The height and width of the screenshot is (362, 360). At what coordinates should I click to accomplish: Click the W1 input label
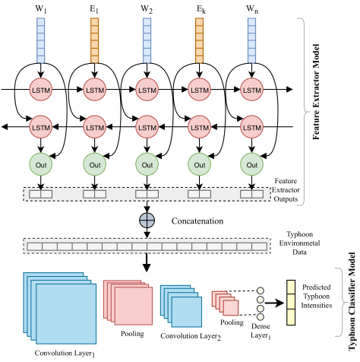click(41, 9)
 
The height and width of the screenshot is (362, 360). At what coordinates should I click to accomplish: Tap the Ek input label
click(201, 9)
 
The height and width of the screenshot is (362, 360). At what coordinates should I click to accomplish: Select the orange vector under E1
click(94, 40)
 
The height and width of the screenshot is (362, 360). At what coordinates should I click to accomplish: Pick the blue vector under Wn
click(251, 40)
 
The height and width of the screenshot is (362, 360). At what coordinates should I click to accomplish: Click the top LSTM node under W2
click(147, 90)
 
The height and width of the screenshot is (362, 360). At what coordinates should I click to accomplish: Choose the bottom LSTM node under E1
click(95, 127)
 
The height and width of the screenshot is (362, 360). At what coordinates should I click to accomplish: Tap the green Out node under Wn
click(251, 164)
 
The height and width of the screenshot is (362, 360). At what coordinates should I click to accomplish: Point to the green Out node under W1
click(41, 164)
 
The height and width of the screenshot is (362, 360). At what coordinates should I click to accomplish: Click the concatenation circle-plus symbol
click(147, 220)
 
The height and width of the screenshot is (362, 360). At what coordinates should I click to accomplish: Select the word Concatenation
click(197, 221)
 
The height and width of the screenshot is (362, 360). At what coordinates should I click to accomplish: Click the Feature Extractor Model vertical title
click(316, 92)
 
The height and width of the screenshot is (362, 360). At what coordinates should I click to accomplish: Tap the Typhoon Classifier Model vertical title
click(352, 301)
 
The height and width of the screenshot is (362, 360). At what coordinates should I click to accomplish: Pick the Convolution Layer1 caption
click(65, 354)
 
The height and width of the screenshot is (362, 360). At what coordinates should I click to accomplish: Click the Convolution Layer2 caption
click(191, 336)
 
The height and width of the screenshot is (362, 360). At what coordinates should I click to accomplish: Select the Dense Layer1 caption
click(261, 331)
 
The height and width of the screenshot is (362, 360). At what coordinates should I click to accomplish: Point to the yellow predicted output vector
click(291, 303)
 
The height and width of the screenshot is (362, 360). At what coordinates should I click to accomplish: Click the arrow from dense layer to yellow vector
click(274, 303)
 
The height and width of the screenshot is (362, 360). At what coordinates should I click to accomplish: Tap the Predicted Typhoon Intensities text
click(317, 296)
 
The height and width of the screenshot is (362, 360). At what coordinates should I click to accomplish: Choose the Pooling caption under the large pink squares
click(132, 334)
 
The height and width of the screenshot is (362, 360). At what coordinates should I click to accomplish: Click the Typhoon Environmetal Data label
click(299, 243)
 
